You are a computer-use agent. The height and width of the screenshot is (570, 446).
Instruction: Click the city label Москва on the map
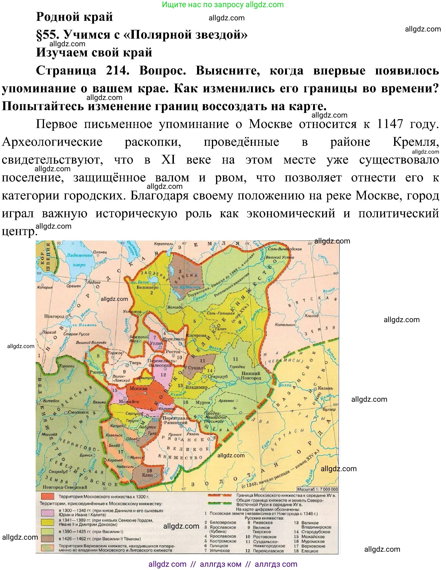point(139,388)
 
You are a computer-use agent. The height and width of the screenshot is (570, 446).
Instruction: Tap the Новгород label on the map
point(54,316)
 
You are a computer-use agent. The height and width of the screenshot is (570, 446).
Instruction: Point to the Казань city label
point(325,388)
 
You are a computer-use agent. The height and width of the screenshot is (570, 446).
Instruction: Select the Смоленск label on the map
point(78,412)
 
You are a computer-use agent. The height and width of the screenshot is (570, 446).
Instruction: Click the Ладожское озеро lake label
point(79,260)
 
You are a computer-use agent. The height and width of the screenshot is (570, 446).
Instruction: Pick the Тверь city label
point(135,363)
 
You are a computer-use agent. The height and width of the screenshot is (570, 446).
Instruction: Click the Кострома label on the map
point(196,335)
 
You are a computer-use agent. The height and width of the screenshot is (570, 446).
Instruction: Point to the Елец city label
point(148,475)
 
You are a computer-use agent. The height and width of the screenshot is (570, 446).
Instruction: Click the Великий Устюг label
point(280,257)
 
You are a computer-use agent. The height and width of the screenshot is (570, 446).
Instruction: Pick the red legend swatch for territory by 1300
point(47,496)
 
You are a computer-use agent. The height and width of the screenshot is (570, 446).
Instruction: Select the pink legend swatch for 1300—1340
point(47,513)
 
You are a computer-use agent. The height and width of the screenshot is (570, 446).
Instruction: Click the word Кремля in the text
point(415,142)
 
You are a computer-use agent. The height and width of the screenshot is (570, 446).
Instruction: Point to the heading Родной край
point(74,17)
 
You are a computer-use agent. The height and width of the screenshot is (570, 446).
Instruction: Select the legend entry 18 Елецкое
point(307,551)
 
